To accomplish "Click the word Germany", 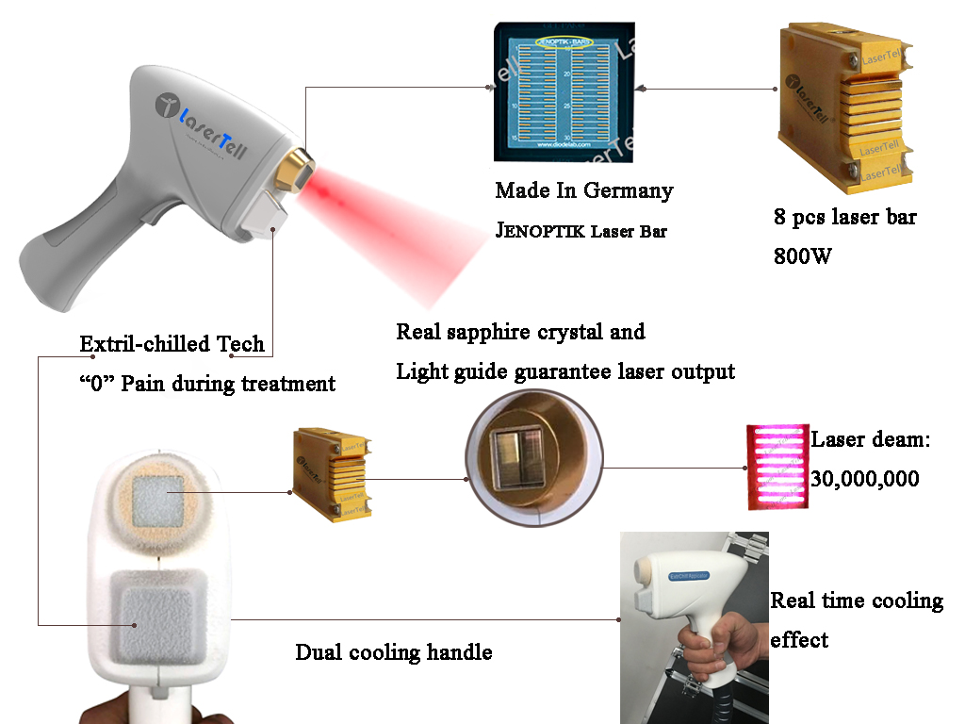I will [629, 190].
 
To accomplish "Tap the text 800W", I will [803, 255].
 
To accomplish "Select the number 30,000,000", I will [864, 479].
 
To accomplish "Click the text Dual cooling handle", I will [393, 652].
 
